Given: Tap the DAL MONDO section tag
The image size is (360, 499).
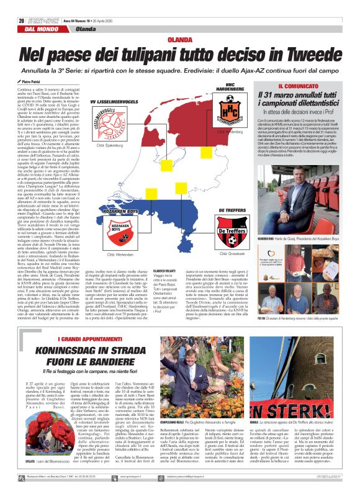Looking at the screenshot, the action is [x=38, y=29].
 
